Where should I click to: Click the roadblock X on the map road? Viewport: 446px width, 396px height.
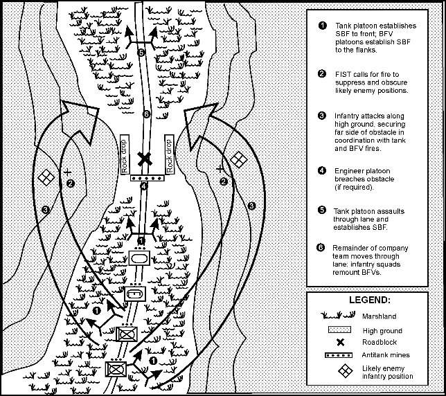(145, 159)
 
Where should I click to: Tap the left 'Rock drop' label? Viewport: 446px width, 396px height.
(125, 154)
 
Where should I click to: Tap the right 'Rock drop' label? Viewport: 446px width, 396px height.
(170, 154)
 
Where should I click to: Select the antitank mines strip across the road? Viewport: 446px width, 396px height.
(148, 178)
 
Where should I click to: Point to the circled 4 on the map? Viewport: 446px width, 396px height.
(144, 186)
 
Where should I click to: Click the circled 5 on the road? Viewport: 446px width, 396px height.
(141, 53)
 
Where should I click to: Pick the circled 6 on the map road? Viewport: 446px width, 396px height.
(146, 114)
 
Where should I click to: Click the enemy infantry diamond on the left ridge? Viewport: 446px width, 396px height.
(46, 177)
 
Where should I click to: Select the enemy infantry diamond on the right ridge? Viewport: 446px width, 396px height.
(239, 159)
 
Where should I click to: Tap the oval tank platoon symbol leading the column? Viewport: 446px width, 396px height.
(139, 258)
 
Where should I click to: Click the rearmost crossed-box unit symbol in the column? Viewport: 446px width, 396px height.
(116, 369)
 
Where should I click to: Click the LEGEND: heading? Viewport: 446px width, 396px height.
(370, 300)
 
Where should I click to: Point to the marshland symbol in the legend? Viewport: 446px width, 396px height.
(338, 315)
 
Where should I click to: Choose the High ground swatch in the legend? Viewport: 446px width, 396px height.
(339, 330)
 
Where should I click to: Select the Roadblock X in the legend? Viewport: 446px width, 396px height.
(340, 342)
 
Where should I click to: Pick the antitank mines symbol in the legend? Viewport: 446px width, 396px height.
(339, 355)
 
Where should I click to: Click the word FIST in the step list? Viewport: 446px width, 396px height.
(343, 75)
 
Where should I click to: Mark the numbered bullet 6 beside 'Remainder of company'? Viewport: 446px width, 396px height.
(321, 248)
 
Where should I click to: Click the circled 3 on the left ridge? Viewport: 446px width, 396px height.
(45, 210)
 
